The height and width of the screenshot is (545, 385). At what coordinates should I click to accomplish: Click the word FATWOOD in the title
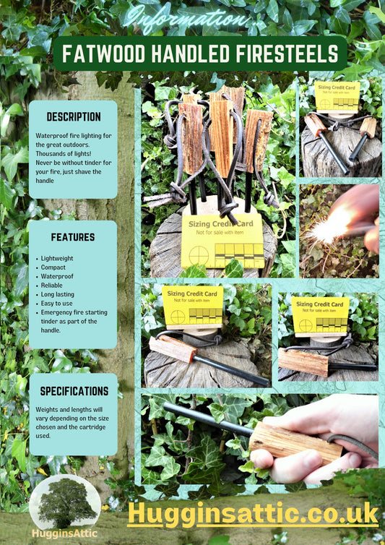point(104,54)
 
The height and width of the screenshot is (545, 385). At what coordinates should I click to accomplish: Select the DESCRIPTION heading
point(74,117)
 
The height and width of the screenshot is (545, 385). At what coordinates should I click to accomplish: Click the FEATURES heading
point(73,237)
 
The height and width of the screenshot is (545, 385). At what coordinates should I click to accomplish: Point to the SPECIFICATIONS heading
point(74,391)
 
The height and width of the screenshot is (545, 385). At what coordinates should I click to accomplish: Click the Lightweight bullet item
point(57,258)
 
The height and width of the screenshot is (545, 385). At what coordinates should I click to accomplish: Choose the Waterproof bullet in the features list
point(57,276)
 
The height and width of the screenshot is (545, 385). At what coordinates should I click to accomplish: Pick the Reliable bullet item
point(52,286)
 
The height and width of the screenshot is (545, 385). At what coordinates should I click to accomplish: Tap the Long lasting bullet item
point(58,294)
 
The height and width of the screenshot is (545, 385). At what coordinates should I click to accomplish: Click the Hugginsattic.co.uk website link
point(253,514)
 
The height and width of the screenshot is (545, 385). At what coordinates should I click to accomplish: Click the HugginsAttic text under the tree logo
point(64,533)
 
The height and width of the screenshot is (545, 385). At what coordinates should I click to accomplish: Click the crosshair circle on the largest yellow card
point(199,255)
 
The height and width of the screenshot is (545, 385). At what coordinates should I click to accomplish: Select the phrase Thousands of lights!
point(64,154)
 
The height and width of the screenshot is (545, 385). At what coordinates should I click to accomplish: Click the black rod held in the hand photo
point(208,419)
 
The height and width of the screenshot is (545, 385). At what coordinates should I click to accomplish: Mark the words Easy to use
point(56,304)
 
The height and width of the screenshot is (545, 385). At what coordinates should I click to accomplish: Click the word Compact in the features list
point(53,267)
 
